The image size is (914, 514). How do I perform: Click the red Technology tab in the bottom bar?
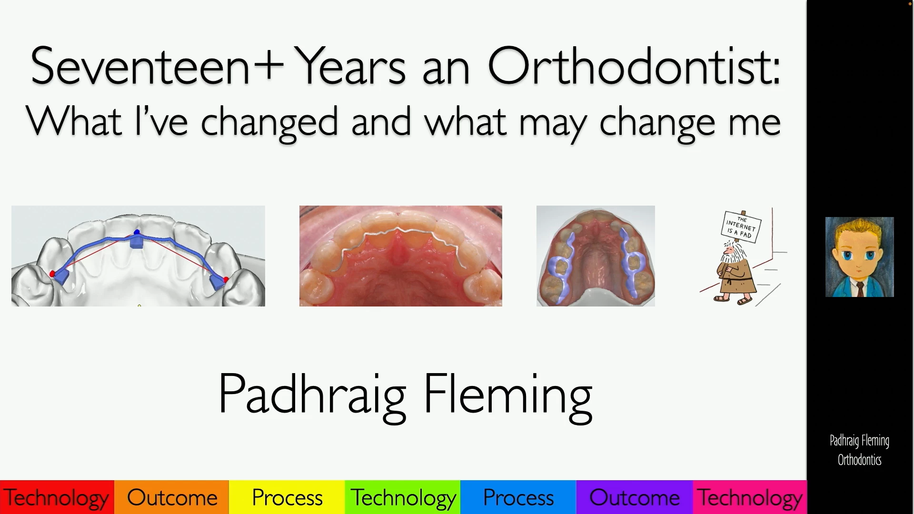(57, 497)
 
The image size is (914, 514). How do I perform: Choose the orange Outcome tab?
(172, 497)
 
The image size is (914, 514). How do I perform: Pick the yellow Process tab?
(287, 497)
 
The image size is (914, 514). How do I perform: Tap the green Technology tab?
(403, 497)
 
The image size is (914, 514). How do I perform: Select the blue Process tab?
(518, 497)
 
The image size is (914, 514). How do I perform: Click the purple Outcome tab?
(635, 497)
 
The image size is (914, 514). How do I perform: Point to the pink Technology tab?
(750, 497)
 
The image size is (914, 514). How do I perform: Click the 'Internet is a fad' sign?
(741, 227)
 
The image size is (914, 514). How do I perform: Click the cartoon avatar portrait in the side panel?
(860, 257)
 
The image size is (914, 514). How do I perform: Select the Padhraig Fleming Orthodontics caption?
(860, 450)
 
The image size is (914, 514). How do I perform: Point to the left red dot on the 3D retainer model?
(52, 274)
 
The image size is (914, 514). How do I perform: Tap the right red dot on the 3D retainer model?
(226, 279)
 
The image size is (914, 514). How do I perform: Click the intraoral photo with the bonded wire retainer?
(401, 256)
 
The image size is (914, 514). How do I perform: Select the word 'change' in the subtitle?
(657, 122)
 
